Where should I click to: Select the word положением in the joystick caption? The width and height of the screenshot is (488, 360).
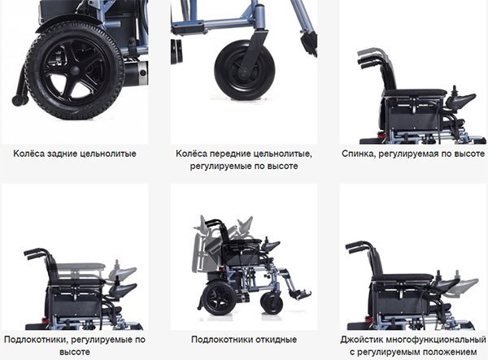pos(450,352)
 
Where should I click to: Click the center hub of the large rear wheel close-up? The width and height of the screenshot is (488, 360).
pos(74,71)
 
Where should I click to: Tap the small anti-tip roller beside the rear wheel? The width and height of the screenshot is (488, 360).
pos(18,100)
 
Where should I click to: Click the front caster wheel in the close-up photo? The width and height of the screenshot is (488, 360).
pos(245,70)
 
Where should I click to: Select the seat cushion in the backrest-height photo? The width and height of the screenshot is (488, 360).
pos(416,93)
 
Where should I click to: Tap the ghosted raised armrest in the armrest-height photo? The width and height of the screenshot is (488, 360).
pos(81,267)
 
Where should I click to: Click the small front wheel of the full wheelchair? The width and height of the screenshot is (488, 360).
pos(272,303)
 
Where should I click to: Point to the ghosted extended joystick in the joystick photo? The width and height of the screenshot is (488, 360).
pos(464,284)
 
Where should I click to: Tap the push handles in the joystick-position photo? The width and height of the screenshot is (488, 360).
pos(358,246)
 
